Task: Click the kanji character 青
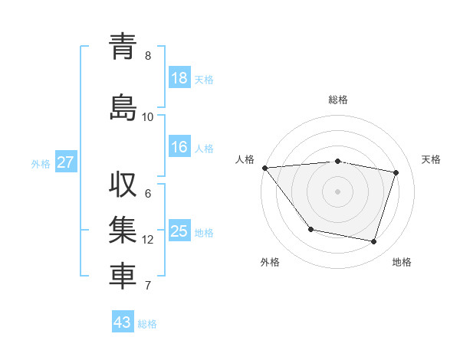click(123, 47)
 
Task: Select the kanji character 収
click(123, 185)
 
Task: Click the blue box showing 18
click(179, 78)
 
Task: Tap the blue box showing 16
click(179, 148)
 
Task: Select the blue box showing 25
click(179, 231)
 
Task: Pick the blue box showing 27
click(65, 162)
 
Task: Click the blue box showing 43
click(123, 322)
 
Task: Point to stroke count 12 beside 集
click(148, 240)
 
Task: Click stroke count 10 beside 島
click(148, 116)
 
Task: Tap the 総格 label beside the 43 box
click(147, 324)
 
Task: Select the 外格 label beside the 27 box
click(41, 163)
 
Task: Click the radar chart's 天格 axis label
click(431, 159)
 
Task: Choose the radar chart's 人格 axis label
click(245, 159)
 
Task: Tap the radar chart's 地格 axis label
click(402, 262)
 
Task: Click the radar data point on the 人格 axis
click(264, 168)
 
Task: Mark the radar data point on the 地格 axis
click(373, 242)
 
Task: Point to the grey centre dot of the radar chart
click(337, 191)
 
